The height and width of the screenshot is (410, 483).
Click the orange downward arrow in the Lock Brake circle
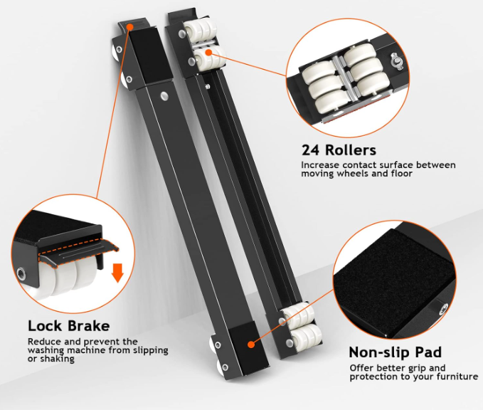(117, 272)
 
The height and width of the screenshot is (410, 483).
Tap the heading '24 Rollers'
(339, 150)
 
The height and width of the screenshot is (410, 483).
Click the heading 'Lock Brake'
(69, 326)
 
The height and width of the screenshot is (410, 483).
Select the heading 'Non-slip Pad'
(396, 352)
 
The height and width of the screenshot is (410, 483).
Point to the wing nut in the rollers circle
(396, 61)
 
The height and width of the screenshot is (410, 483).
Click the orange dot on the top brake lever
(130, 27)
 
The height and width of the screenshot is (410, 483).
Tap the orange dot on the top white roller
(208, 53)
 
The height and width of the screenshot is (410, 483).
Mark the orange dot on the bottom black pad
(251, 344)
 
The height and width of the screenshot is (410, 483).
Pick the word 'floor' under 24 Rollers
(402, 173)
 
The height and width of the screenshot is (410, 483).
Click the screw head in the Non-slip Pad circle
(443, 308)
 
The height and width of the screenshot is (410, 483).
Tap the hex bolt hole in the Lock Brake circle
(21, 273)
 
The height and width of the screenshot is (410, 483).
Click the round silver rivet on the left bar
(164, 95)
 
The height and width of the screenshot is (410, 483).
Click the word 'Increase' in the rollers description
(320, 165)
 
